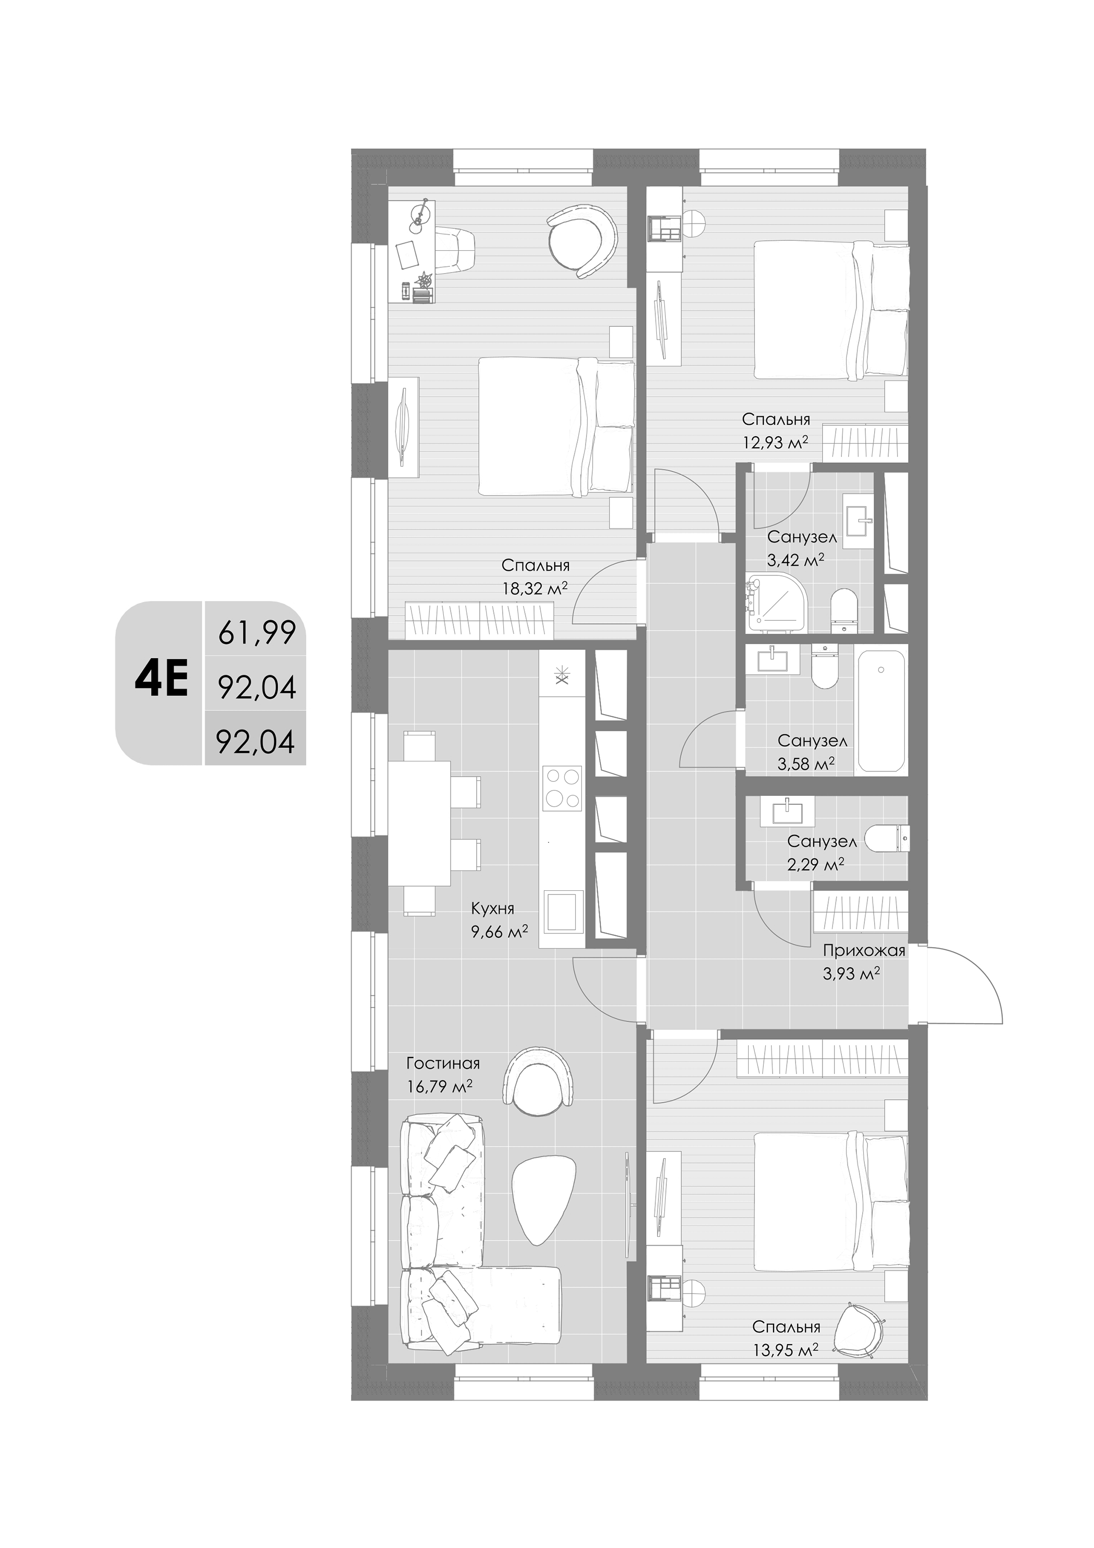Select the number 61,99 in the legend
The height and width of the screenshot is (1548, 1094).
tap(257, 633)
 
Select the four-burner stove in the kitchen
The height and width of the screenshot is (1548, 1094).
tap(562, 788)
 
